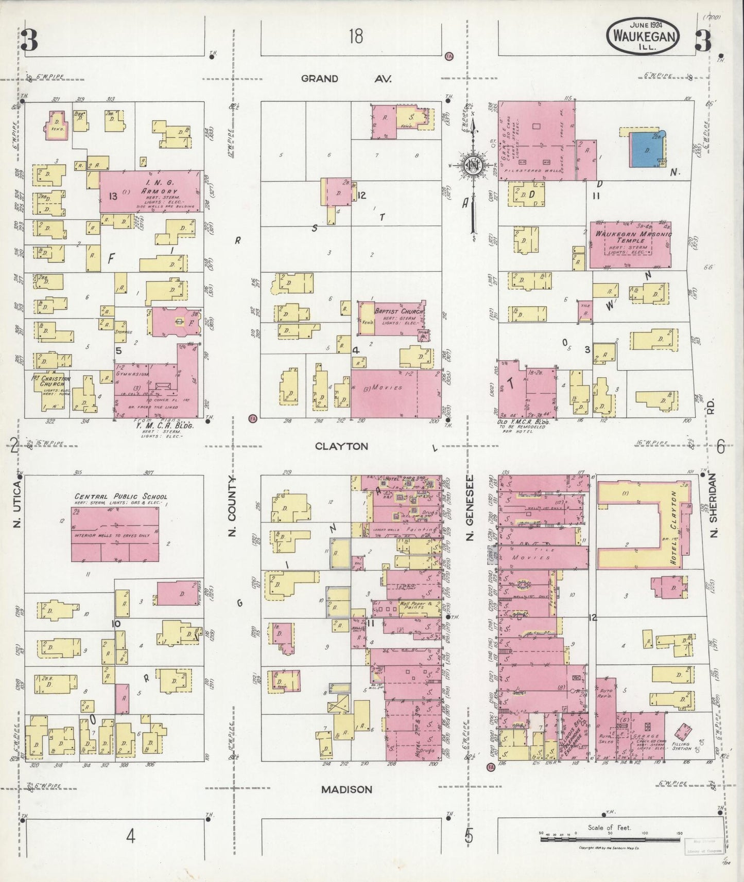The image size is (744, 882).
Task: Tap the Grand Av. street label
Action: click(x=346, y=79)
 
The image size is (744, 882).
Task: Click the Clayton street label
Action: click(x=342, y=446)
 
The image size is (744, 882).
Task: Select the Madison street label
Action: click(x=347, y=789)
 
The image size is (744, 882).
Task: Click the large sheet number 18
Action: click(x=355, y=36)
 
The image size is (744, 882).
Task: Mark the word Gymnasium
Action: click(x=132, y=375)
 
